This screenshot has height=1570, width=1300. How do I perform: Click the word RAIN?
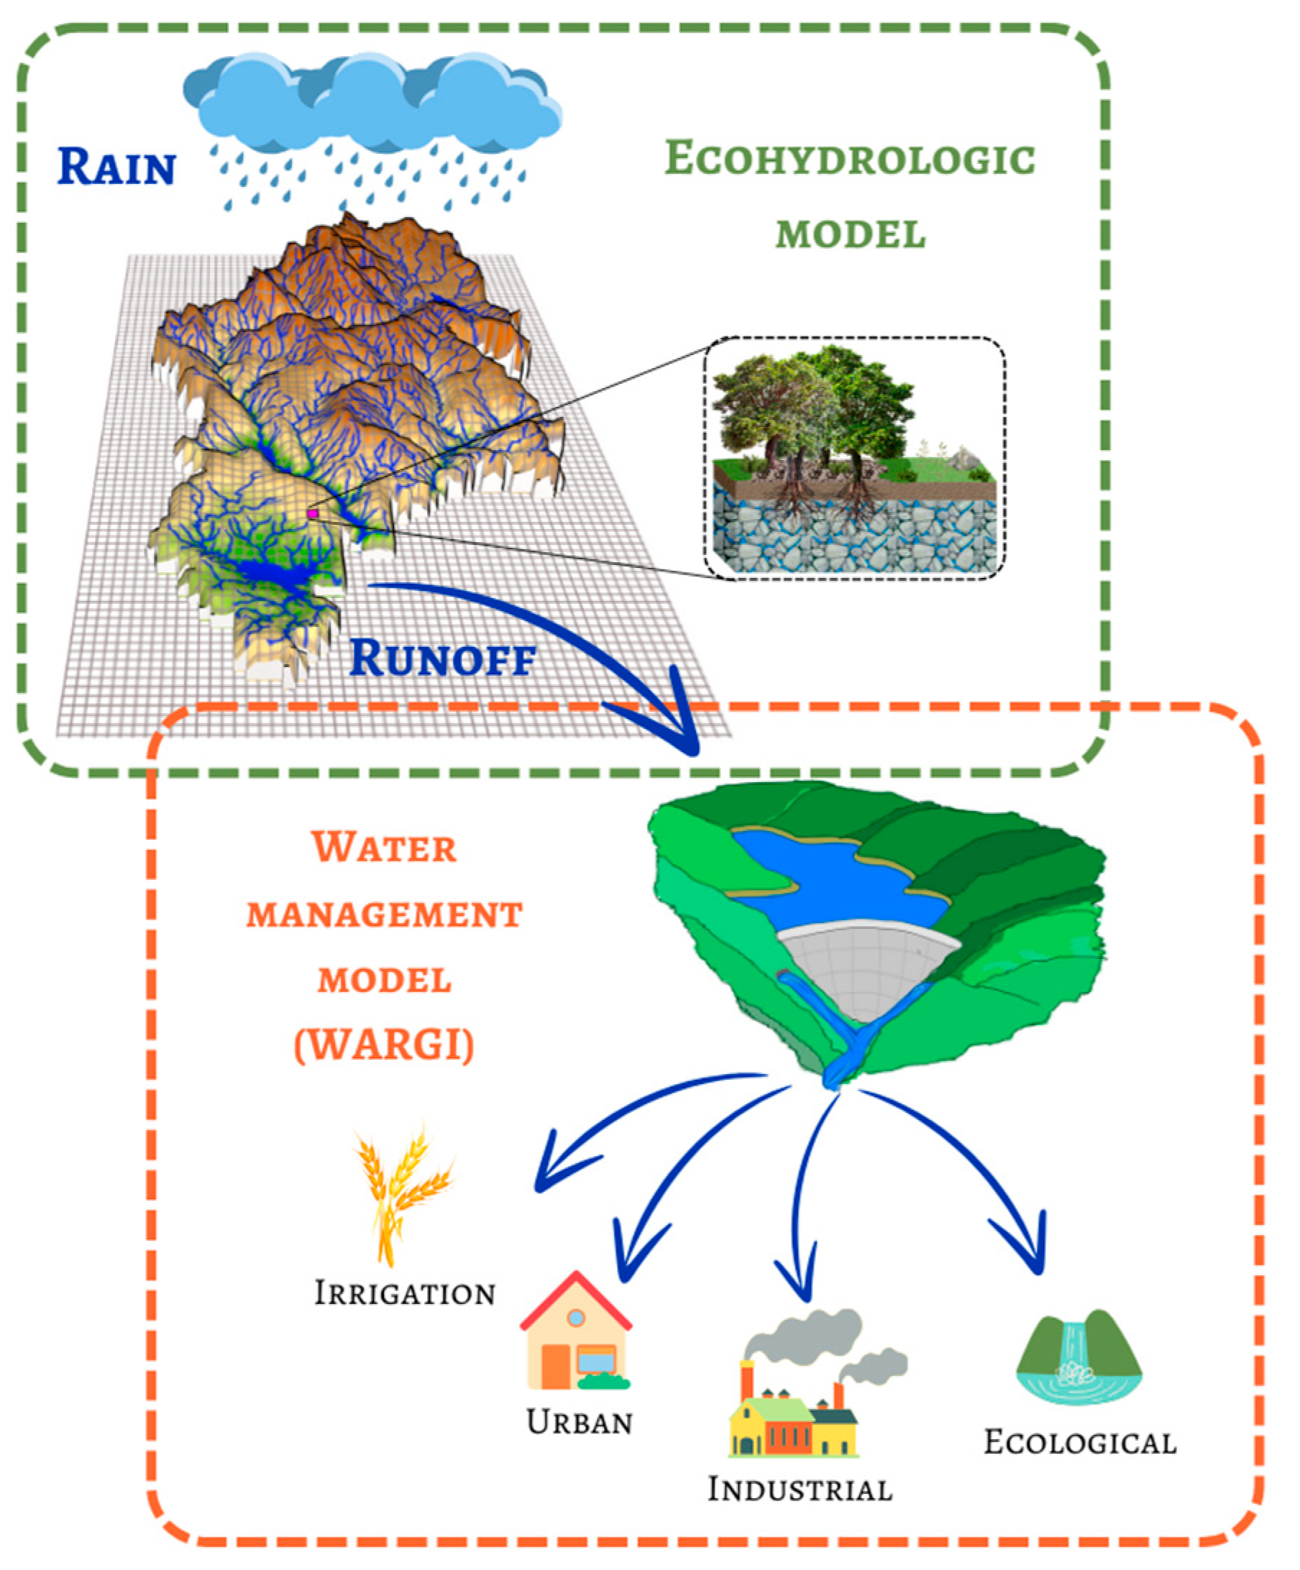click(116, 166)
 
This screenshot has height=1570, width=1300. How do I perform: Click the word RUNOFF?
click(443, 658)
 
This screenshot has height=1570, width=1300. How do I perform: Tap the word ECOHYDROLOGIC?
click(850, 158)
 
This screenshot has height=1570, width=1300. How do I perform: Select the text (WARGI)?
click(385, 1045)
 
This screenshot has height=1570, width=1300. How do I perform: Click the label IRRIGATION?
click(405, 1293)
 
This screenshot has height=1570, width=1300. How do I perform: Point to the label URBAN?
click(580, 1422)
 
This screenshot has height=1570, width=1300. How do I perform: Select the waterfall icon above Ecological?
click(1079, 1357)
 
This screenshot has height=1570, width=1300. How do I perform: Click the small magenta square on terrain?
click(313, 513)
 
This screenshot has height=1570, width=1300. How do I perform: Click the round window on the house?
click(576, 1317)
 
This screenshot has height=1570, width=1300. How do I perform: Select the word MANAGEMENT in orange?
click(385, 915)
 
